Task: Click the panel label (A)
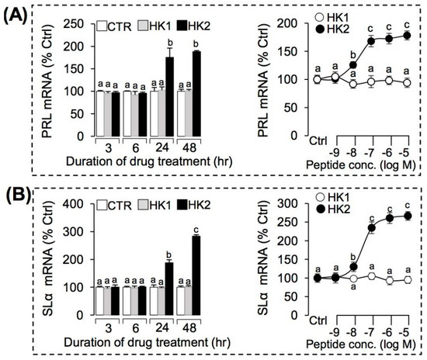16,14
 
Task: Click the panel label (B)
16,191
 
